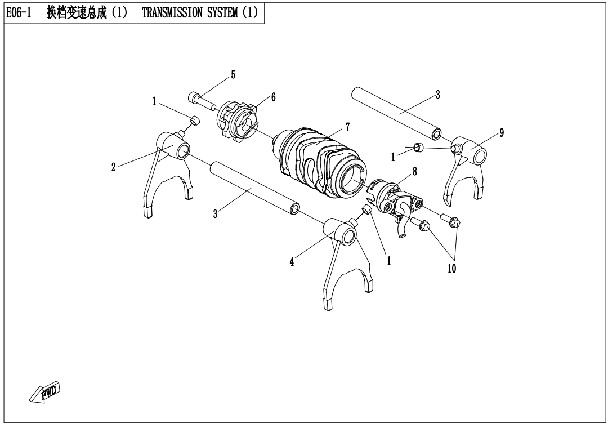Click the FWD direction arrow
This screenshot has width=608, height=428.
45,393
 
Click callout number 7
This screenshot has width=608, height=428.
347,127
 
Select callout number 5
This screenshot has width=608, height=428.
233,74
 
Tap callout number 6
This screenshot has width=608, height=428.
274,97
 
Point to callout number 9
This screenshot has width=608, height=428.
502,133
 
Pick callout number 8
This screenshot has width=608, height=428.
414,171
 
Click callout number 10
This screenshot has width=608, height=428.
451,269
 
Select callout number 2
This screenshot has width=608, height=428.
113,167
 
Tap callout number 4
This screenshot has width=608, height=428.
292,262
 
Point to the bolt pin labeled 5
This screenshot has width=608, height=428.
202,100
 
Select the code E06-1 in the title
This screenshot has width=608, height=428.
19,13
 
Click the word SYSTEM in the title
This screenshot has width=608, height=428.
222,13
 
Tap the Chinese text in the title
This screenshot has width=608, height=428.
77,13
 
